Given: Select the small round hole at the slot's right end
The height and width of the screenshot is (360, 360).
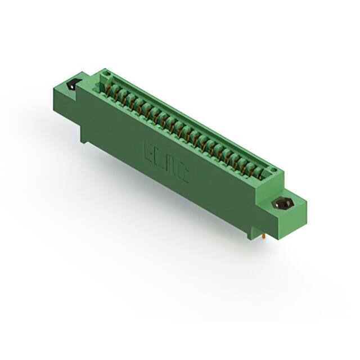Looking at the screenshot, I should click(273, 168).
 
